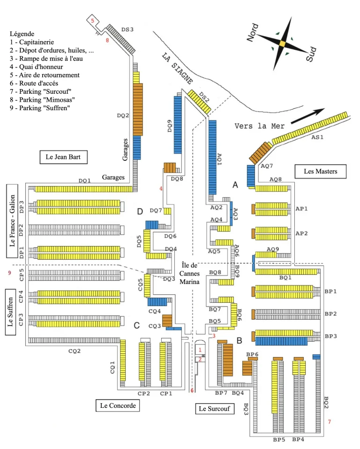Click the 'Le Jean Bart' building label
tap(63, 157)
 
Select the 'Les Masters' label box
tap(320, 172)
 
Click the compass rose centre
tap(282, 43)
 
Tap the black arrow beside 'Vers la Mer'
tap(307, 116)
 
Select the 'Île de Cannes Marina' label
tap(190, 273)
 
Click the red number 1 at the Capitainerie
tap(200, 350)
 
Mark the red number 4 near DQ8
tap(160, 189)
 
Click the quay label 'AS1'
tap(318, 137)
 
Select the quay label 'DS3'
tap(127, 30)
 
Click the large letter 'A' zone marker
tap(235, 186)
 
